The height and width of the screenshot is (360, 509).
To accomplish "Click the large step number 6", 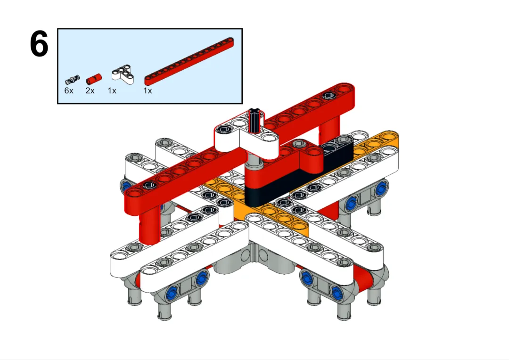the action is (x=39, y=44).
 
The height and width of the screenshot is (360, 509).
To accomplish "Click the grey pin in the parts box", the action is (x=72, y=79).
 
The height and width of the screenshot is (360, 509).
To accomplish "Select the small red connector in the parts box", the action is (x=94, y=79).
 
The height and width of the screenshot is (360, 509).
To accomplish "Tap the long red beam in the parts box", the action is (x=189, y=62).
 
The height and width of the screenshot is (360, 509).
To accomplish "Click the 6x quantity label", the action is (x=69, y=91).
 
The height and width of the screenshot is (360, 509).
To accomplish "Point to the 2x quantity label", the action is (x=90, y=91).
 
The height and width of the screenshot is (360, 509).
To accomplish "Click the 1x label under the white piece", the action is (x=112, y=91).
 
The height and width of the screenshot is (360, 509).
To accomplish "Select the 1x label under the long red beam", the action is (x=148, y=91).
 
